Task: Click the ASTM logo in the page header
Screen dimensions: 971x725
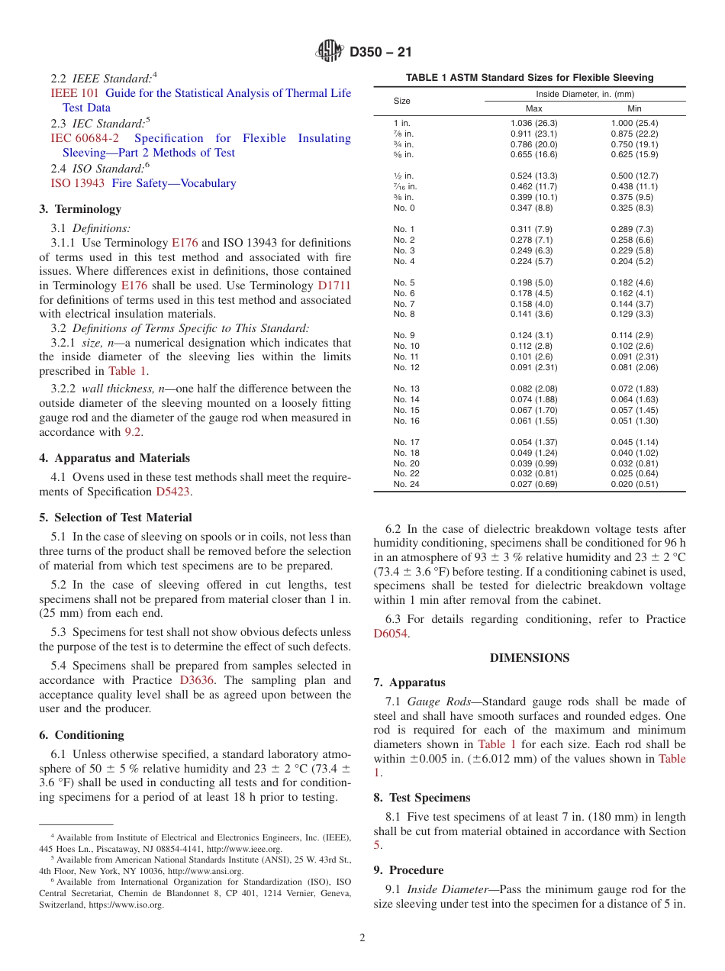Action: (x=330, y=52)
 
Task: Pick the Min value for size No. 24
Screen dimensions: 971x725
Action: (x=634, y=485)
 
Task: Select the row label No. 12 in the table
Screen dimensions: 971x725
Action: (x=406, y=368)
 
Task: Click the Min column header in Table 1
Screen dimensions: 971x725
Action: (x=634, y=108)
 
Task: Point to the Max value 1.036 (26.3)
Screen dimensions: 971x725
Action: (x=533, y=123)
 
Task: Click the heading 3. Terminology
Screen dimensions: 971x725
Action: (x=80, y=209)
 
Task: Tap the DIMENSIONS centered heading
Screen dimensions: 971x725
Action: (x=530, y=658)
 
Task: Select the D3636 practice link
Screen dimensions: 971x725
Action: (x=197, y=680)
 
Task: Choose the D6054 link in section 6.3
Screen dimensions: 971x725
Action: (x=390, y=634)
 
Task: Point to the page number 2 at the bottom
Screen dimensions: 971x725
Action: (x=362, y=938)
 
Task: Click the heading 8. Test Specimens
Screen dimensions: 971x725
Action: (x=422, y=798)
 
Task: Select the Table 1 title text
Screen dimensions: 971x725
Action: (x=530, y=78)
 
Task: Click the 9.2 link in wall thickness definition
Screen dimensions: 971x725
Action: (x=133, y=432)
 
